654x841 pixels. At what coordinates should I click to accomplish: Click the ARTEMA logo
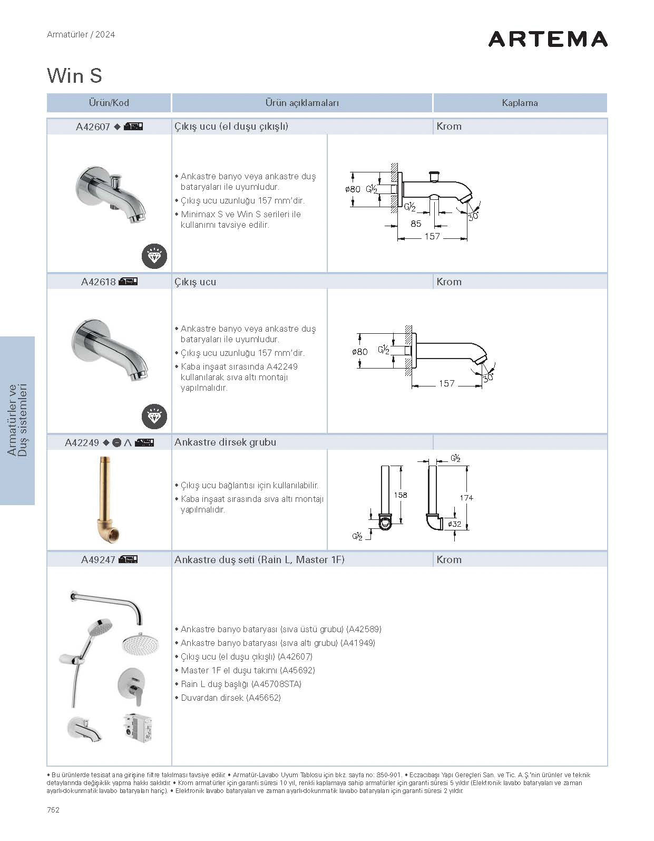pos(548,39)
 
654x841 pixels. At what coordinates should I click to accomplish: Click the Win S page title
pos(74,76)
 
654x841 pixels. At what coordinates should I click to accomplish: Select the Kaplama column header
pos(520,103)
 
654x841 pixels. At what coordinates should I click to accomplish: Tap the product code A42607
pos(93,127)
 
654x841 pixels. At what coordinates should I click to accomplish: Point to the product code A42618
pos(98,282)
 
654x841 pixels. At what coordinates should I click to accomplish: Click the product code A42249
pos(82,442)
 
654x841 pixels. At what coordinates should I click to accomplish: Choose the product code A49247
pos(98,560)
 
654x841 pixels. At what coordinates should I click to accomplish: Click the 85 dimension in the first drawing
pos(416,224)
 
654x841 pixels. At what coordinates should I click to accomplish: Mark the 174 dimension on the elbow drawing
pos(466,497)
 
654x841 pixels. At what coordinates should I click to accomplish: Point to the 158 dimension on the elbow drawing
pos(401,495)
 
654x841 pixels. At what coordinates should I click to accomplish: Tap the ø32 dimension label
pos(454,524)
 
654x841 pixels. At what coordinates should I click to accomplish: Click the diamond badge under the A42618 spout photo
pos(154,417)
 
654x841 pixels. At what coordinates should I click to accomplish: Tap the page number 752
pos(53,810)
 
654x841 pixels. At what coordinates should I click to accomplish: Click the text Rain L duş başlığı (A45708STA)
pos(241,684)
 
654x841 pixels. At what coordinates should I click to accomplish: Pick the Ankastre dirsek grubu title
pos(225,442)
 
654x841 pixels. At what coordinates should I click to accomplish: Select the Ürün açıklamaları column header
pos(302,103)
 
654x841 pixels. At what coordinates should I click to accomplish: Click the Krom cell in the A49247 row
pos(449,560)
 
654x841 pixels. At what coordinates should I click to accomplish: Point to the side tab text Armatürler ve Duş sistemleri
pos(17,420)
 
